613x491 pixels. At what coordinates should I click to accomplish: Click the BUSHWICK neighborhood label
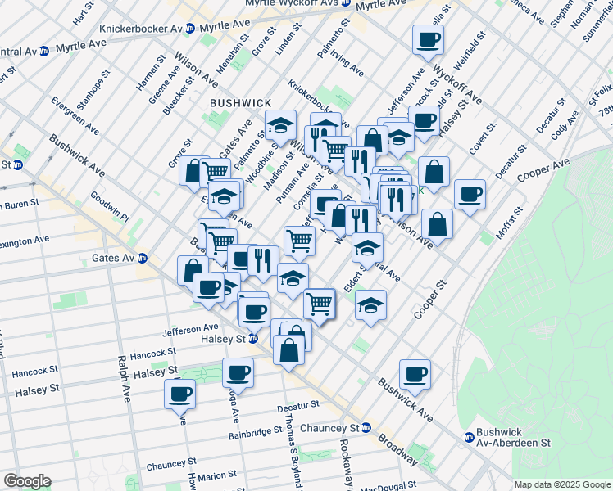[x=240, y=102]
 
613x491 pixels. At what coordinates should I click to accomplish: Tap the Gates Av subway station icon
[x=143, y=258]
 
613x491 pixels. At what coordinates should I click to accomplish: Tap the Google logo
[x=27, y=481]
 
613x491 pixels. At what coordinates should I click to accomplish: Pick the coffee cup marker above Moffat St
[x=470, y=194]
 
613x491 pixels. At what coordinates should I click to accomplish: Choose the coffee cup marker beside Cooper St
[x=415, y=372]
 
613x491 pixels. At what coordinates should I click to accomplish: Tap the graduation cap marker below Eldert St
[x=371, y=304]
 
